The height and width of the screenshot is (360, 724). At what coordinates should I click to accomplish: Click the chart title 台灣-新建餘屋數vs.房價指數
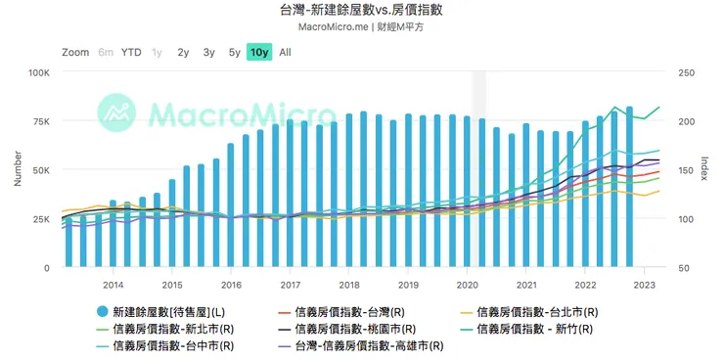361,10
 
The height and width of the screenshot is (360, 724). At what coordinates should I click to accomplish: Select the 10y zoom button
259,53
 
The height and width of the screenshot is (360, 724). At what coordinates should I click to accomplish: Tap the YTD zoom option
131,53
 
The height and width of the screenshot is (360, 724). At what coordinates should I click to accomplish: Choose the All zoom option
285,53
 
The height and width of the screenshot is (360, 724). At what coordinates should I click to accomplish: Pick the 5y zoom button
234,53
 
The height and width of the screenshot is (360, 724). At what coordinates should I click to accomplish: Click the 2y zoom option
183,53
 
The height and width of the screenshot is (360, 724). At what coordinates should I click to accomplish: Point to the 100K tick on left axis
38,72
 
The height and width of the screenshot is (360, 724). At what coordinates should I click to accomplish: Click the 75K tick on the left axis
41,121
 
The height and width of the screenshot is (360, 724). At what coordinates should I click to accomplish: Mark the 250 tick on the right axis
686,72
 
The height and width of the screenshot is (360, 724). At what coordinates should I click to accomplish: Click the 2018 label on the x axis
349,286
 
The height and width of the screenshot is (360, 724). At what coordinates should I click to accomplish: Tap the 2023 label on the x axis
645,286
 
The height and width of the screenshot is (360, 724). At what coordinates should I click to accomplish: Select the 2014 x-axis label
113,286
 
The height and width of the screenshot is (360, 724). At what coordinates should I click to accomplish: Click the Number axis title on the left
17,169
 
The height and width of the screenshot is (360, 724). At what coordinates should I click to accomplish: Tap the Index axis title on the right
706,169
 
